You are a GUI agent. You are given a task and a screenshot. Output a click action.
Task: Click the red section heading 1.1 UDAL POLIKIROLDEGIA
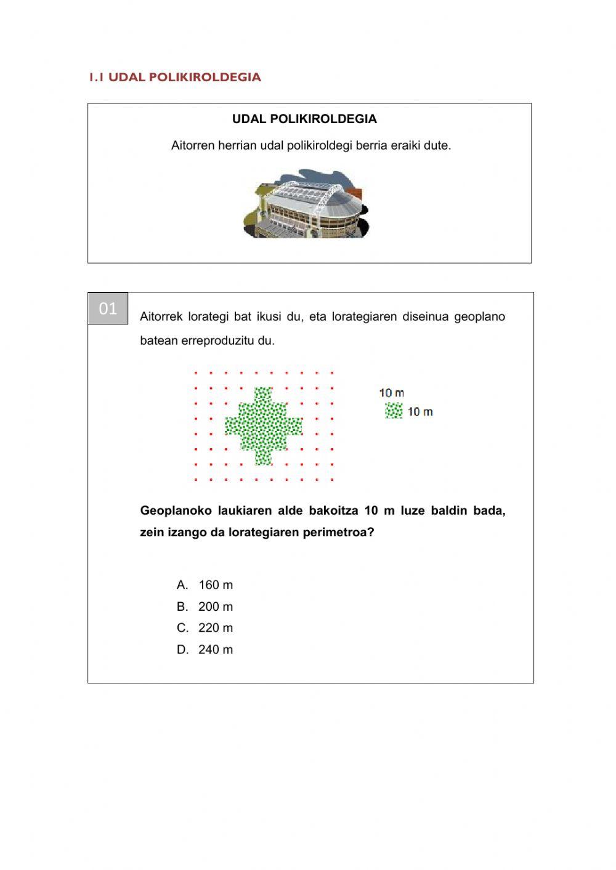point(175,77)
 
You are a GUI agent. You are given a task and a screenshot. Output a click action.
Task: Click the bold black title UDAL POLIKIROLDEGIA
point(304,119)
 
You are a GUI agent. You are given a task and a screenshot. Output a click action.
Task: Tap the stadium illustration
point(306,204)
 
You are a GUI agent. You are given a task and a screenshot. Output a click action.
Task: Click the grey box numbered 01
point(108,308)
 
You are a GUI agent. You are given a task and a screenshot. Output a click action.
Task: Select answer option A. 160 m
point(205,585)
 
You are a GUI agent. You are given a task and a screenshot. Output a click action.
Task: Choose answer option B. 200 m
point(205,606)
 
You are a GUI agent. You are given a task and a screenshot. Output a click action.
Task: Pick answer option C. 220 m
point(205,628)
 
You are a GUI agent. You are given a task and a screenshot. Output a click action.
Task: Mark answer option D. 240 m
point(205,650)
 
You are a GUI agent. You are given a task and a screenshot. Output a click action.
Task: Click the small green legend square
point(394,411)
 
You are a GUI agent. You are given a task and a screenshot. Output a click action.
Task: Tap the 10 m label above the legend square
point(392,393)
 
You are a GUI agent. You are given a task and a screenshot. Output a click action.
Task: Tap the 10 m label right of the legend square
point(420,411)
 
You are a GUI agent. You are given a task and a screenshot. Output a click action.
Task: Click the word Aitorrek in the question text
point(161,316)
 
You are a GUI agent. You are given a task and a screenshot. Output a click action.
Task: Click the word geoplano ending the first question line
point(479,316)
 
